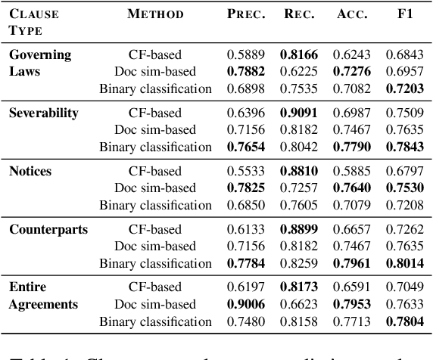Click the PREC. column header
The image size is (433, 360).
(x=245, y=14)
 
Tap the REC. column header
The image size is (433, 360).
(x=297, y=14)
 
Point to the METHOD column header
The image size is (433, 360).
(x=155, y=14)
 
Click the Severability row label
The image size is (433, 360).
(x=44, y=113)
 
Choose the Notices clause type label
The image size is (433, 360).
(x=30, y=171)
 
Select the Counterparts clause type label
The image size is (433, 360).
(x=48, y=228)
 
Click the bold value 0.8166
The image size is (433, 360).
(x=297, y=55)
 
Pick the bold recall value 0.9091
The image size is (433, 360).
(x=297, y=113)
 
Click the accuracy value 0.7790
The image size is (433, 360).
(x=350, y=146)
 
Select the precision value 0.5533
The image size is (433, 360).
(x=245, y=171)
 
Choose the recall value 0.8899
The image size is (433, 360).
(x=297, y=228)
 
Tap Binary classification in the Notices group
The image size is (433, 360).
(x=156, y=204)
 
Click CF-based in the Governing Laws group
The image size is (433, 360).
(x=155, y=55)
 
